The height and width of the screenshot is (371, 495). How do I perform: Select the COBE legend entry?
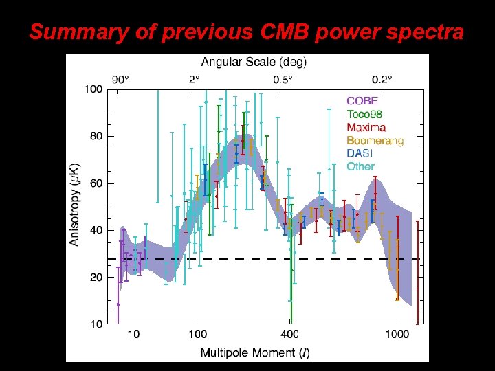point(362,101)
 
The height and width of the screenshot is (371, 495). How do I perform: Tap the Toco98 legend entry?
point(365,114)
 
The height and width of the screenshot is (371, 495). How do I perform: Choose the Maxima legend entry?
point(366,127)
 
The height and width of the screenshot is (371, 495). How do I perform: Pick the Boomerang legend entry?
point(375,140)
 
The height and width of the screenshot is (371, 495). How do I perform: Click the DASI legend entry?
point(360,153)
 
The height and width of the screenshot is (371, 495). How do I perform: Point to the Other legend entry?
point(361,166)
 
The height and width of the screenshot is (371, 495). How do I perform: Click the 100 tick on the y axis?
point(94,89)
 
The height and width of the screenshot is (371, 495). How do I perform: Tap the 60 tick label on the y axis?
point(97,183)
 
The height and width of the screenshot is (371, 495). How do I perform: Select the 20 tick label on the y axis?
point(97,278)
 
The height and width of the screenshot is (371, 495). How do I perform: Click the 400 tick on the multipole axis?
point(289,335)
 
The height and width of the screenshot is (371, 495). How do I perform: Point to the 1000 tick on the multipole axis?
point(397,335)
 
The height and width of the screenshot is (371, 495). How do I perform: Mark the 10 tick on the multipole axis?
point(133,335)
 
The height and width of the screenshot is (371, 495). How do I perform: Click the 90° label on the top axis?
point(120,79)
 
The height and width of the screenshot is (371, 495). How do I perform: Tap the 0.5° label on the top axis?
point(283,79)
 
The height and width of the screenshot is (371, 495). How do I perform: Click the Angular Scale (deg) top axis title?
point(254,62)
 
